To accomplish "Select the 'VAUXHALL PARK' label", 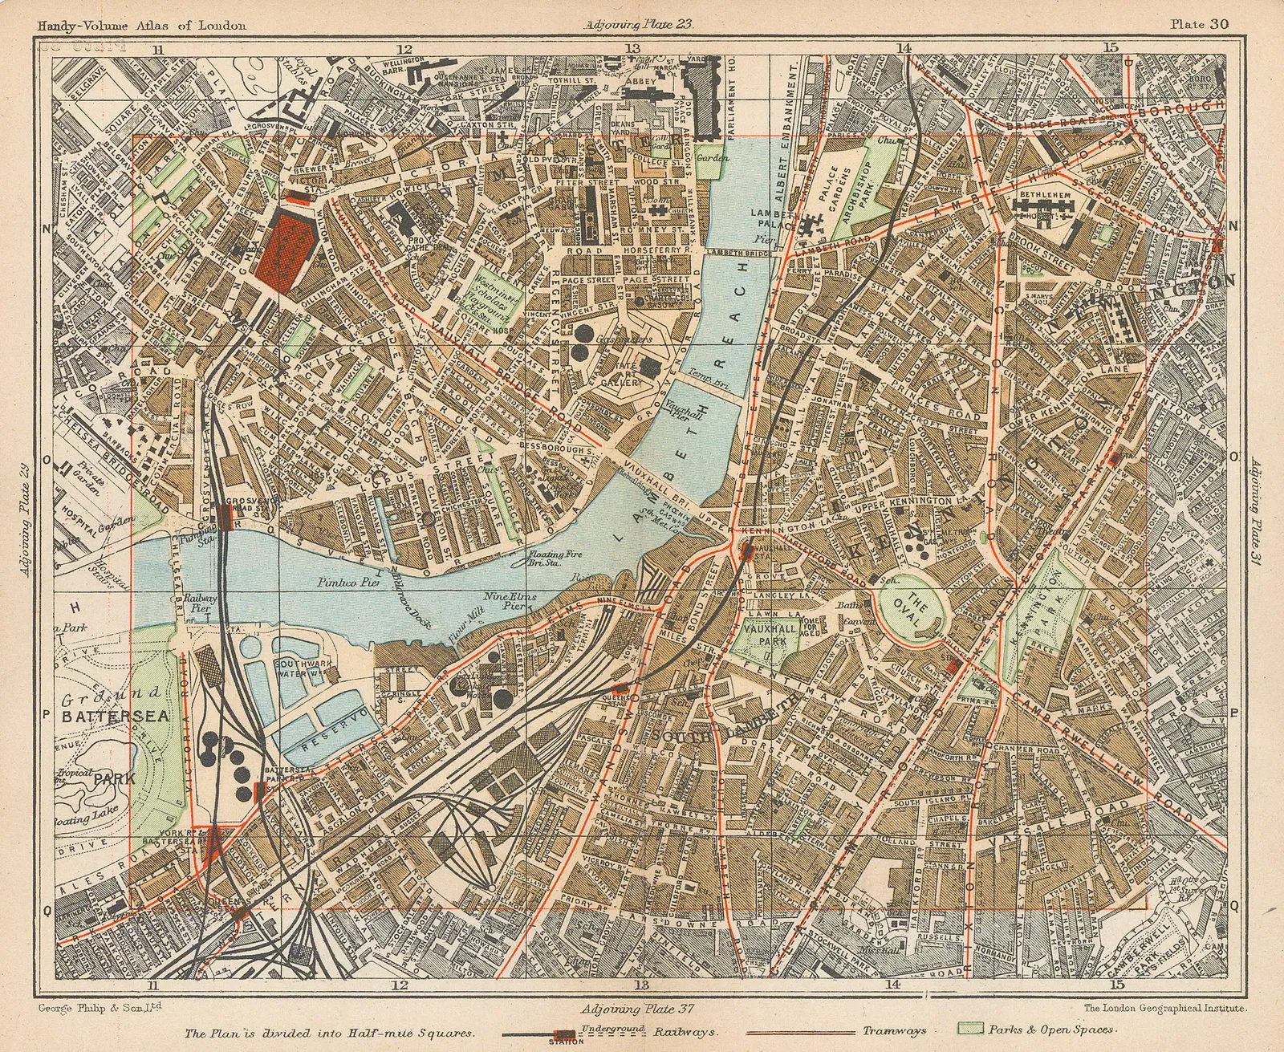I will pyautogui.click(x=770, y=635).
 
